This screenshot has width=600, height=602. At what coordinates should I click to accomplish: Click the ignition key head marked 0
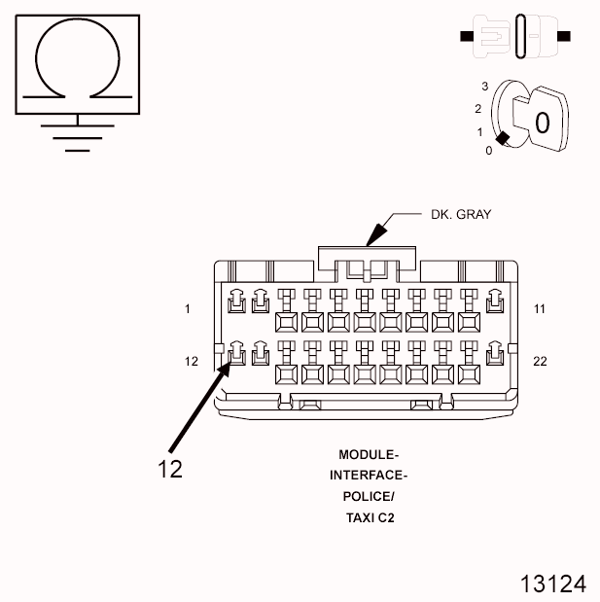point(542,122)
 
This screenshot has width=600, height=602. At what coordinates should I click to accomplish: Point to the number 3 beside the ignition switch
point(483,87)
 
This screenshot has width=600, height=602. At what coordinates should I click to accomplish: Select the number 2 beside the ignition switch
point(477,108)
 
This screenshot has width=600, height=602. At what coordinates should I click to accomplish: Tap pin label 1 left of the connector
point(186,309)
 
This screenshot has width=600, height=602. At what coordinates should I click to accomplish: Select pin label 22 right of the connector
point(541,361)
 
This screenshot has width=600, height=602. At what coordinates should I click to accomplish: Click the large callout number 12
point(169,469)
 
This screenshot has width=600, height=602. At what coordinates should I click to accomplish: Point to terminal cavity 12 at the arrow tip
point(235,355)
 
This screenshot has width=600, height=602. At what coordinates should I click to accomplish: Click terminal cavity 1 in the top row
point(235,303)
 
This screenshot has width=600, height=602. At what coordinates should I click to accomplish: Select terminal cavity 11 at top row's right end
point(494,303)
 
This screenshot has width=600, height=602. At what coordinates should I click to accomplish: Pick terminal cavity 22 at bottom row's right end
point(494,355)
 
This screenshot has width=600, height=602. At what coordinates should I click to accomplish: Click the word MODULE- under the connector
point(368,454)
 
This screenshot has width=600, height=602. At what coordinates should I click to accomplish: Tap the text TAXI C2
point(369,517)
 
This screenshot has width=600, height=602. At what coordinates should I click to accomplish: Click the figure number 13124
point(552,584)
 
